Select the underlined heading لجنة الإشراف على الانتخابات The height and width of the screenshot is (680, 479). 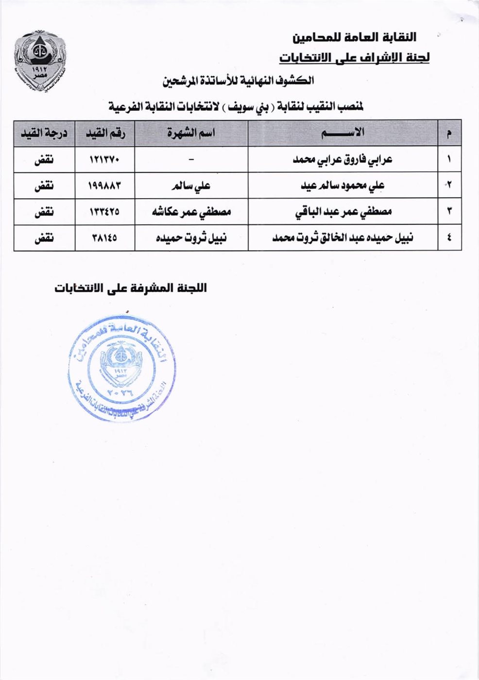point(354,58)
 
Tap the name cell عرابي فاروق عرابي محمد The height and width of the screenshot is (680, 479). point(343,159)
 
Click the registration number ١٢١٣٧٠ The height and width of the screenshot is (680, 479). point(104,159)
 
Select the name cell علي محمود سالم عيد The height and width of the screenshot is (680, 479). point(343,186)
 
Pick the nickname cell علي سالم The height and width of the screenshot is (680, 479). point(191,186)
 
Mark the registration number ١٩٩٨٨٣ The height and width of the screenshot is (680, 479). point(104,186)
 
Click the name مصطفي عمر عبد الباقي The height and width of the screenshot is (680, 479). point(343,212)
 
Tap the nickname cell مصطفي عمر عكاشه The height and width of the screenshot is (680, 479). point(191,212)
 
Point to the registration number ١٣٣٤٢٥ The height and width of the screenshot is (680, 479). point(104,212)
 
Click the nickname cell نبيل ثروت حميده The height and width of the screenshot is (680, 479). point(191,238)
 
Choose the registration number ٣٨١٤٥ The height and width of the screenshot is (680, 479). point(104,238)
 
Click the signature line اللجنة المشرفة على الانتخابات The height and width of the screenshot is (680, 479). point(131,288)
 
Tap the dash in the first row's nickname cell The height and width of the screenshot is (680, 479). point(191,160)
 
